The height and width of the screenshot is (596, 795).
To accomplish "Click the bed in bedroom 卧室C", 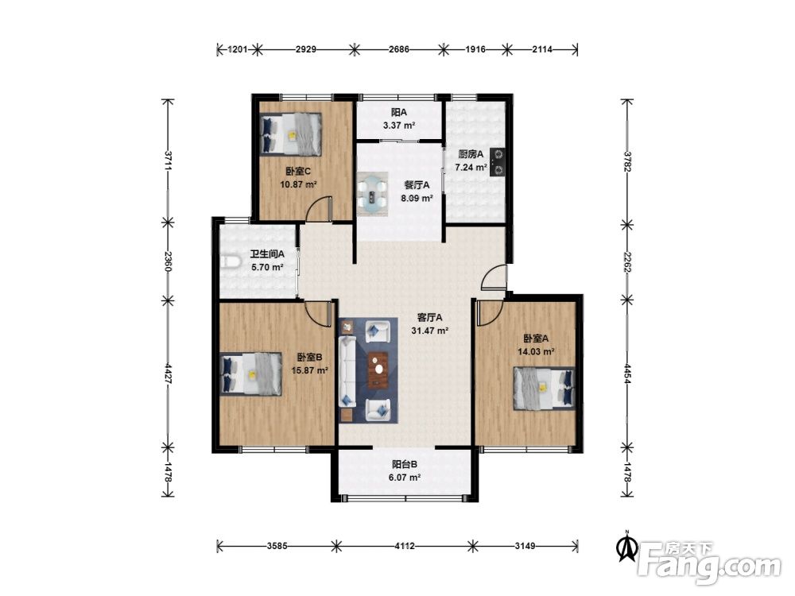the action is click(x=290, y=134).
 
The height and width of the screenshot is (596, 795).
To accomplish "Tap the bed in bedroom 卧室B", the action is click(x=251, y=373).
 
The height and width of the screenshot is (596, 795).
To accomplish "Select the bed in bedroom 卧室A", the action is click(x=544, y=388).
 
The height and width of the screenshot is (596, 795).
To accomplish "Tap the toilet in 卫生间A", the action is click(x=229, y=261).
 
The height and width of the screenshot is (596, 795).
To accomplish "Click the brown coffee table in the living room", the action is click(x=378, y=369).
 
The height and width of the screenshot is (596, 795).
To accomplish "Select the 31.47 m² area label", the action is click(x=429, y=331).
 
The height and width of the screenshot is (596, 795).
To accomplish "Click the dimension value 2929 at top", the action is click(x=306, y=49).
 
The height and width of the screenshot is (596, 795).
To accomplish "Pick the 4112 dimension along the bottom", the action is click(x=404, y=546).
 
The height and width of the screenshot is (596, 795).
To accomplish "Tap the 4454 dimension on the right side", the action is click(x=627, y=374).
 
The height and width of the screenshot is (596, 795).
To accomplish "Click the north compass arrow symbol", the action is click(x=627, y=547).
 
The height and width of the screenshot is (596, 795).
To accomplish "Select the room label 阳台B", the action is click(x=405, y=464).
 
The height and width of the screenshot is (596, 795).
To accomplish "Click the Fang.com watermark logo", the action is click(x=709, y=563).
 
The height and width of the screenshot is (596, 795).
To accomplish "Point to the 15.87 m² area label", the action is click(x=309, y=370).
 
